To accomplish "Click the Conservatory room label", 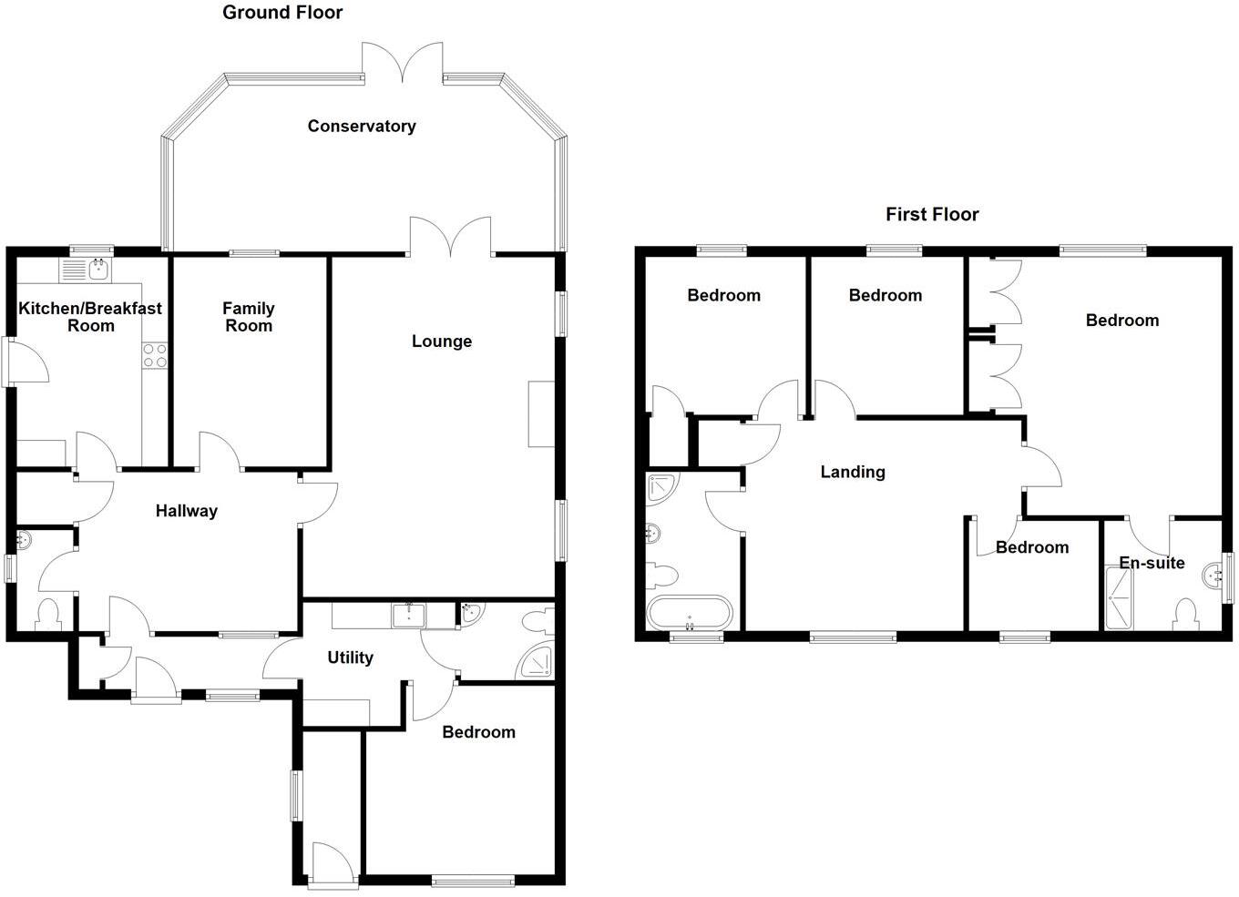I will click(x=362, y=127).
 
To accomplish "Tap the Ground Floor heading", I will click(x=282, y=13).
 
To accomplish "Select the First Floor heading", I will click(x=932, y=215).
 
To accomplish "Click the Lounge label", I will click(x=442, y=341).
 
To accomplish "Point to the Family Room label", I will click(x=249, y=317).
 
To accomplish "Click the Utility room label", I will click(x=350, y=657).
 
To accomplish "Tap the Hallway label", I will click(x=186, y=511).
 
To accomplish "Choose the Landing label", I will click(x=853, y=472).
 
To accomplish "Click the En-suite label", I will click(x=1152, y=563).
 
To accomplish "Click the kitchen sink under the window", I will click(x=97, y=269).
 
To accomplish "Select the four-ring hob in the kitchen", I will click(x=154, y=355).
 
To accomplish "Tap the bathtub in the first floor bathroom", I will click(x=689, y=612).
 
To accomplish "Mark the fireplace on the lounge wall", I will click(x=541, y=413).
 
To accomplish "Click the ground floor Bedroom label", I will click(x=478, y=732).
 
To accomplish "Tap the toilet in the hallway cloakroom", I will click(x=47, y=615).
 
